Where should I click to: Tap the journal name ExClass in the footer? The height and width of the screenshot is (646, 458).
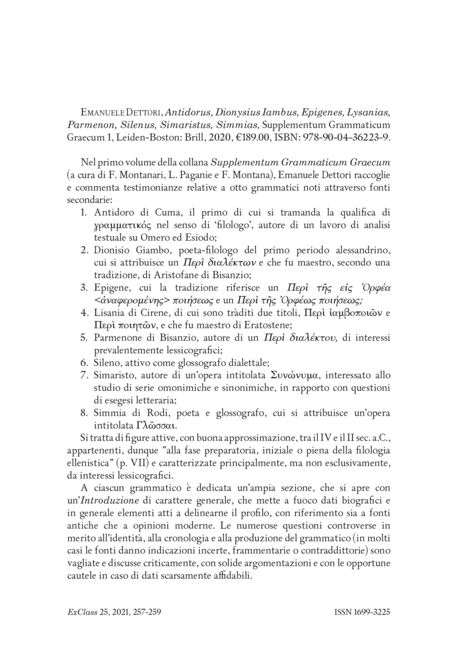coord(76,612)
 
